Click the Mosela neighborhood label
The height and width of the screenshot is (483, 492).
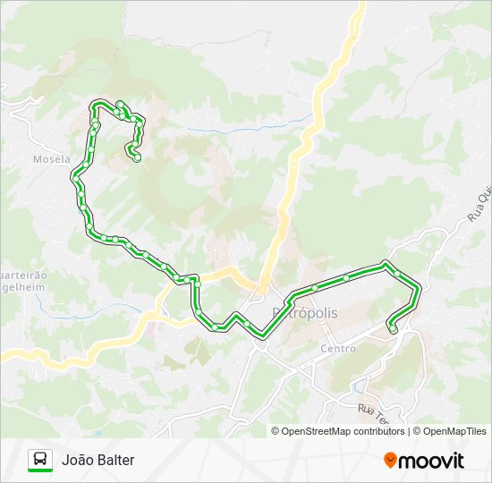pyautogui.click(x=51, y=159)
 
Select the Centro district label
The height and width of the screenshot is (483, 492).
pyautogui.click(x=337, y=348)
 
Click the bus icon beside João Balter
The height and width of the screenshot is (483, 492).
pyautogui.click(x=40, y=460)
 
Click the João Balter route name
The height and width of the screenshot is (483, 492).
pyautogui.click(x=98, y=460)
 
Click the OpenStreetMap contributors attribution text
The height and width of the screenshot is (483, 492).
pyautogui.click(x=338, y=431)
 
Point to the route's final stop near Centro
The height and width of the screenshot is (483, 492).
pyautogui.click(x=393, y=330)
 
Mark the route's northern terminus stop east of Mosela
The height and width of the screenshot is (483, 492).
pyautogui.click(x=136, y=158)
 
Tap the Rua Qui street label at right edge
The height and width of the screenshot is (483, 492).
pyautogui.click(x=479, y=205)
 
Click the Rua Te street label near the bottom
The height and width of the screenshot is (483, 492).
pyautogui.click(x=375, y=415)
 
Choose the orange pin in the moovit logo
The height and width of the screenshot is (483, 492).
pyautogui.click(x=390, y=460)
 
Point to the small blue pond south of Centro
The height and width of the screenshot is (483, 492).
pyautogui.click(x=360, y=387)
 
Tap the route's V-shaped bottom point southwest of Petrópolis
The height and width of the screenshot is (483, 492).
pyautogui.click(x=261, y=335)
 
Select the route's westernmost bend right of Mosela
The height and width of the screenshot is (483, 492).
pyautogui.click(x=74, y=176)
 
